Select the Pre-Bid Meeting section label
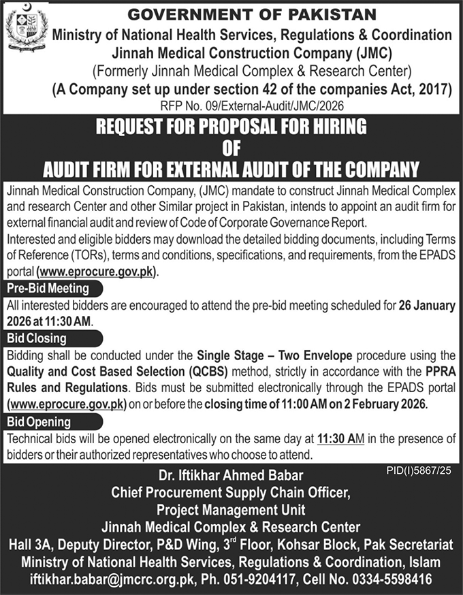pyautogui.click(x=48, y=289)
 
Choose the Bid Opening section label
pyautogui.click(x=40, y=422)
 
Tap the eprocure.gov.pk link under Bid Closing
pyautogui.click(x=66, y=404)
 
